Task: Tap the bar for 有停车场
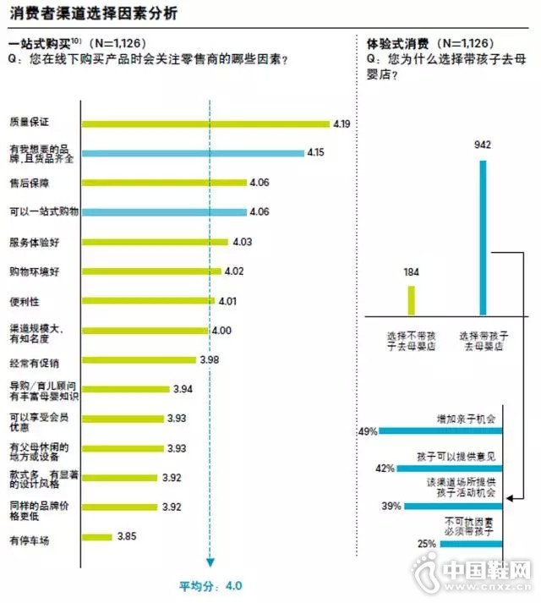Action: (96, 536)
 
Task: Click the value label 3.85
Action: (127, 536)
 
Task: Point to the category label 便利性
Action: (25, 301)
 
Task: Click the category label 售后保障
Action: (30, 183)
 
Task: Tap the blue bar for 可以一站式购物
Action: (164, 212)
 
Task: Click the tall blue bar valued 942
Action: (483, 238)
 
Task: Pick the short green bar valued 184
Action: (412, 299)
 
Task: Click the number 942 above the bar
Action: (483, 145)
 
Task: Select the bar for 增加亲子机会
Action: (440, 431)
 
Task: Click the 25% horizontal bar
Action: (469, 544)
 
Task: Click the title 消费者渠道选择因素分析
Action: (93, 14)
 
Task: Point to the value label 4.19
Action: (342, 124)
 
